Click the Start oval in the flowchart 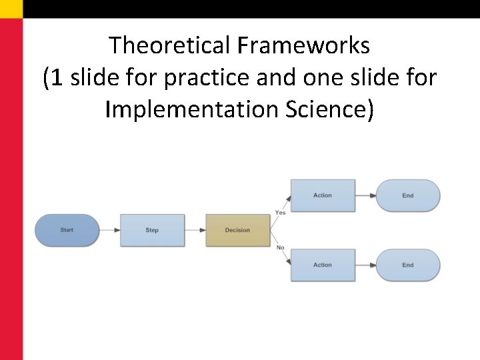click(67, 230)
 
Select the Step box click(152, 230)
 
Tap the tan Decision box click(237, 230)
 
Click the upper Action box click(323, 195)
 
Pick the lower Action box click(323, 265)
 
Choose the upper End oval click(408, 195)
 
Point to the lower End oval click(408, 265)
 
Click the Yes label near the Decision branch click(280, 213)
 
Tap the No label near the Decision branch click(280, 248)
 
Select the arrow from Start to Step click(109, 230)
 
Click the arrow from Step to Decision click(195, 230)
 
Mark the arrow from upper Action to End click(365, 195)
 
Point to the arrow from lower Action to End click(365, 265)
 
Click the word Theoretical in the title click(169, 45)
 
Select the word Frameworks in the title click(301, 45)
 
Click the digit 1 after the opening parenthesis click(57, 77)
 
